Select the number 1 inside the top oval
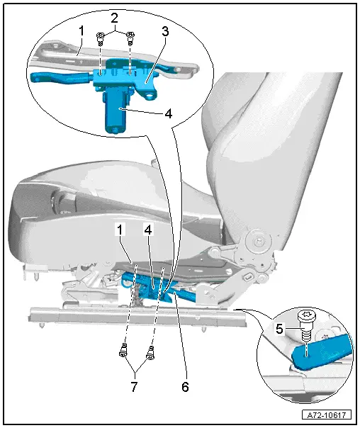[x=81, y=31]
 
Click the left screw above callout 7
[x=123, y=348]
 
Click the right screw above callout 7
[x=150, y=349]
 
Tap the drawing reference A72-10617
[x=329, y=415]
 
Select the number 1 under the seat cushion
[x=121, y=229]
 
